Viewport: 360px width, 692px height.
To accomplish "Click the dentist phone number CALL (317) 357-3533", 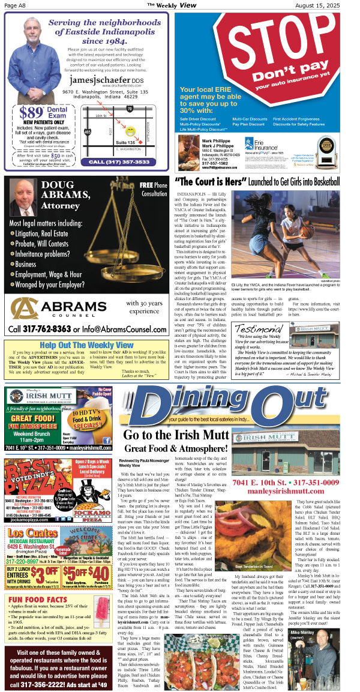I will (x=126, y=161).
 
